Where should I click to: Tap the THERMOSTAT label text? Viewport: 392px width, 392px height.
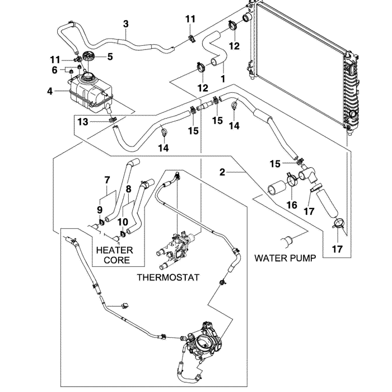point(167,277)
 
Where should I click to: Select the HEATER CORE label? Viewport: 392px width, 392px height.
point(114,255)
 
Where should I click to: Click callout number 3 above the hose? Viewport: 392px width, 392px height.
point(126,24)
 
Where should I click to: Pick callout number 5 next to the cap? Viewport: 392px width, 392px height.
point(110,56)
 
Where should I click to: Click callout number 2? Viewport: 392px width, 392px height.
point(222,172)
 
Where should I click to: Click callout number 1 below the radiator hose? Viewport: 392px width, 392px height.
point(223,79)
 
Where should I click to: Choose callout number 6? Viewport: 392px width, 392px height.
point(55,70)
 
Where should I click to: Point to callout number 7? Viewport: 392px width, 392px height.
point(107,180)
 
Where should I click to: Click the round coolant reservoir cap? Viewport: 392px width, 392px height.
point(88,56)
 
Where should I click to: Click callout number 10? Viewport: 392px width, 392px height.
point(123,222)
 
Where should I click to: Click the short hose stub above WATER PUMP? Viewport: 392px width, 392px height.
point(288,241)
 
